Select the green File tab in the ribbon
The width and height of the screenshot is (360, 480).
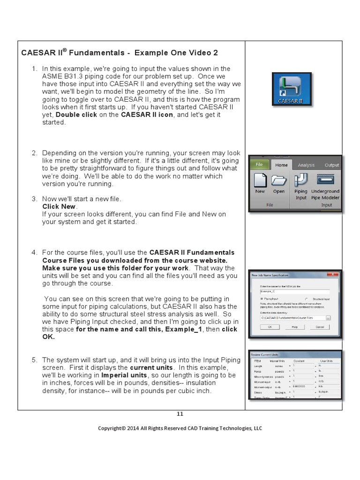tap(260, 165)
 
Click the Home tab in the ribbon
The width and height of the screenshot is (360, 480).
tap(281, 165)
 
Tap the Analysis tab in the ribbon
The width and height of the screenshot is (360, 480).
tap(306, 165)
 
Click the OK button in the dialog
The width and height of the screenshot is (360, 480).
tap(270, 327)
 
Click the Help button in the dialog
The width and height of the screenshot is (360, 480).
tap(295, 327)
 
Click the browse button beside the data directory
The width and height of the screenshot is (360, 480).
tap(328, 318)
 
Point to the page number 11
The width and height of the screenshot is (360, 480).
tap(180, 413)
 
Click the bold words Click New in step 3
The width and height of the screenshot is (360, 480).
tap(59, 207)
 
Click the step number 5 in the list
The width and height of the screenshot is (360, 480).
tap(34, 360)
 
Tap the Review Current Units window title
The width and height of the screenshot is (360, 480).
tap(265, 354)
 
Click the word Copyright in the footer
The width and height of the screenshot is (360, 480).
tap(112, 428)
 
